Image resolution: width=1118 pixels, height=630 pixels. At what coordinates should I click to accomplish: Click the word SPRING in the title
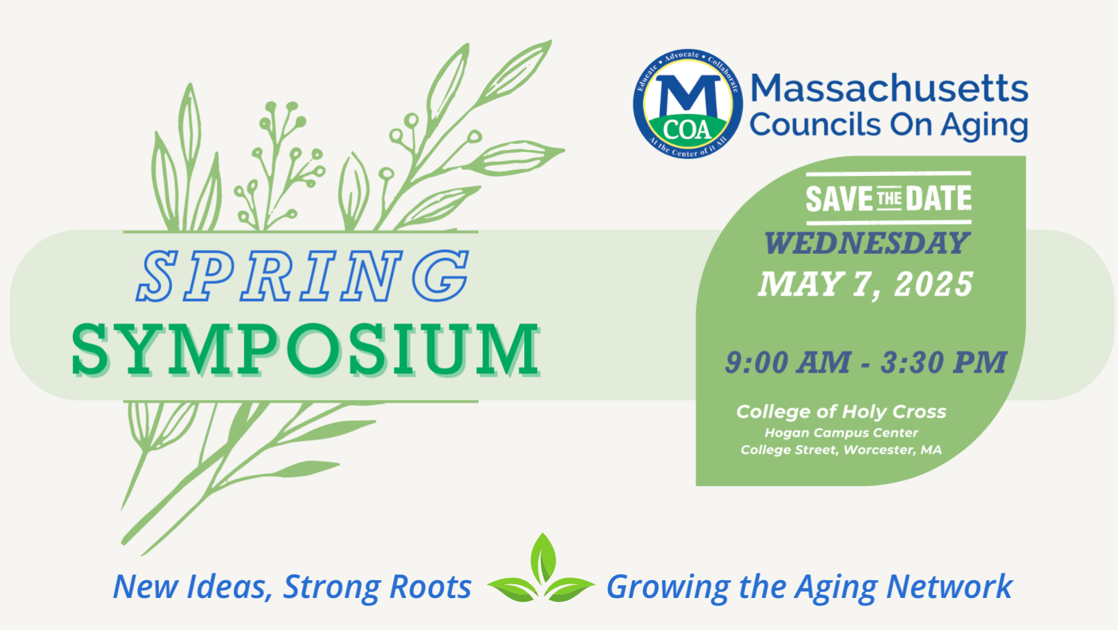304,276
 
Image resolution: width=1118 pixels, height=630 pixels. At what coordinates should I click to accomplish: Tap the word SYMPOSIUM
305,349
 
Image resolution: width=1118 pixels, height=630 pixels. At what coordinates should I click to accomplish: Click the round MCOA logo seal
687,104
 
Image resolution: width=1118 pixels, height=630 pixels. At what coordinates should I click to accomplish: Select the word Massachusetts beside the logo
889,88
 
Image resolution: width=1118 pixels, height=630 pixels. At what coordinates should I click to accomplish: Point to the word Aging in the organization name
984,126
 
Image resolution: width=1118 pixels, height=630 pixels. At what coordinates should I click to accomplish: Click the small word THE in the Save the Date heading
889,199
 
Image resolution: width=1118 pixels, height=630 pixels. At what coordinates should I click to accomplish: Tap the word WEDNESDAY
866,244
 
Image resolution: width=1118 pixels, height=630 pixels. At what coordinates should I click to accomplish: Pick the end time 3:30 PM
943,362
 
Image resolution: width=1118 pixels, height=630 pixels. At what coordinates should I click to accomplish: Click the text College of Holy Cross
841,412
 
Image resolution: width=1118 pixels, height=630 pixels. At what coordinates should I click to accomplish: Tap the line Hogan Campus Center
841,433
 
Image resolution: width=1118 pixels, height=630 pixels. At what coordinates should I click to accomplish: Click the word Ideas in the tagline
230,587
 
